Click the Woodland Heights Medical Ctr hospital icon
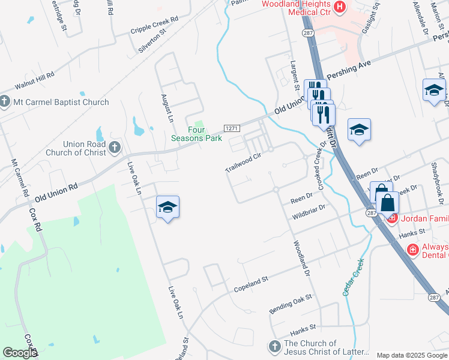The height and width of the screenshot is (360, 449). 340,7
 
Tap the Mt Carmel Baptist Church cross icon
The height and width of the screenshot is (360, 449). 5,102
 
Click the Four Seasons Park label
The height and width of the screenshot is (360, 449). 205,134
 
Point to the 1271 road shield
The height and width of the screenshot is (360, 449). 232,128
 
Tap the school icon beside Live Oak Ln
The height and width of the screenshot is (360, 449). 167,207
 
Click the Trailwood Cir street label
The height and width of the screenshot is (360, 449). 243,163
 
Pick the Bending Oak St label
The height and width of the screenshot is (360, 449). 291,302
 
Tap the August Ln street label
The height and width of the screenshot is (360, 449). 167,106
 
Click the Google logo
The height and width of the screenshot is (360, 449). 20,353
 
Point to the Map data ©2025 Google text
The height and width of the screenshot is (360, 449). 412,355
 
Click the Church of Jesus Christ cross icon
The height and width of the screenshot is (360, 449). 274,347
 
